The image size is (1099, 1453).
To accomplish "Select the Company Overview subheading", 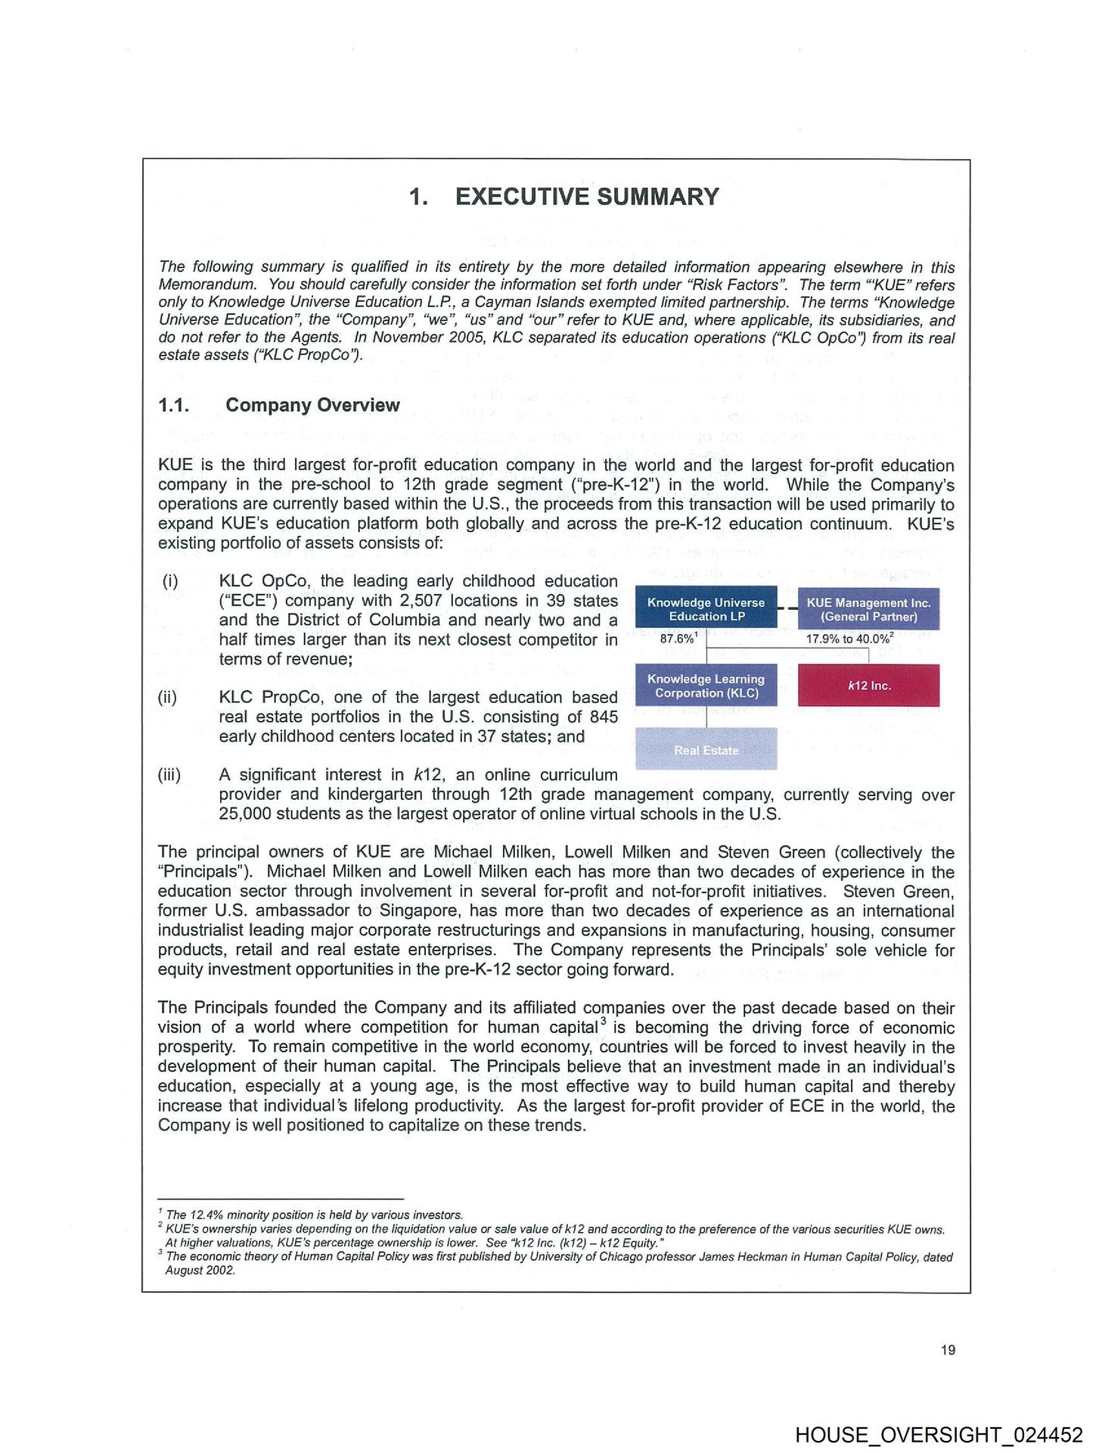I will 312,405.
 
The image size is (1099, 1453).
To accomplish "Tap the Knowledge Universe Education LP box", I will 706,608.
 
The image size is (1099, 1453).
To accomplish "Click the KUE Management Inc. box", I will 868,609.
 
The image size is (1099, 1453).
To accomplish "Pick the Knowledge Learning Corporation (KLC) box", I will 706,686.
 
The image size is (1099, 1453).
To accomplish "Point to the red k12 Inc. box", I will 868,686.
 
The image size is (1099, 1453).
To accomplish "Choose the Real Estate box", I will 706,749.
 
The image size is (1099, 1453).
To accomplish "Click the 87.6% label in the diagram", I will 678,639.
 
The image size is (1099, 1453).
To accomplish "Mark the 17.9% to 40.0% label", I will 849,639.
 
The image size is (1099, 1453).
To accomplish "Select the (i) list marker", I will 170,581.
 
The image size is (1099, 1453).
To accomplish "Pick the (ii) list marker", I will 168,697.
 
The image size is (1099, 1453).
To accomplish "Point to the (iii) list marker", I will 169,775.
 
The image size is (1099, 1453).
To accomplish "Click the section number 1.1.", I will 173,405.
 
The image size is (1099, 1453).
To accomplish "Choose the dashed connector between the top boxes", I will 787,608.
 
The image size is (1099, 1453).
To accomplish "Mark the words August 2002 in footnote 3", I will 200,1271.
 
